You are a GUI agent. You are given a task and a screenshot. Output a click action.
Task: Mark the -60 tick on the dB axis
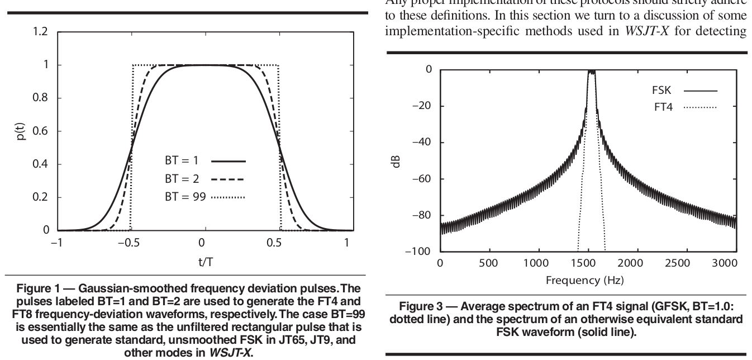coord(421,179)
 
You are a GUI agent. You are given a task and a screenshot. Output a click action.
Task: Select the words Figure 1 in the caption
coord(34,288)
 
